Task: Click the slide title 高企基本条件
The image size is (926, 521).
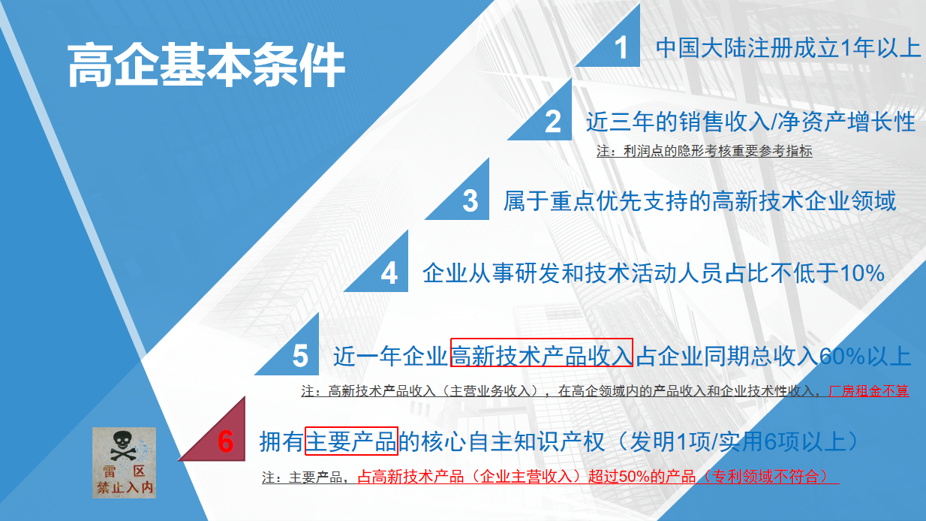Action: tap(206, 65)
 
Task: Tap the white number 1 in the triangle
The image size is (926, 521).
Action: tap(621, 48)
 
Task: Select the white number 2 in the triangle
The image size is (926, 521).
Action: tap(553, 122)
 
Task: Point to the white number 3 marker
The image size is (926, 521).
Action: tap(471, 201)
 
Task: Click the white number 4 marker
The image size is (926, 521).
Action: tap(389, 273)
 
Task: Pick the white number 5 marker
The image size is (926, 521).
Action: tap(300, 356)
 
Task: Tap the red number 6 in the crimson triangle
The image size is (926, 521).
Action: tap(226, 441)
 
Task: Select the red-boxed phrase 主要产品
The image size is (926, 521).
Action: tap(351, 441)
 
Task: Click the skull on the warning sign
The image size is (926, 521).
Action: tap(122, 445)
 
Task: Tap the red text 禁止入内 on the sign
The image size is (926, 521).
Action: tap(125, 487)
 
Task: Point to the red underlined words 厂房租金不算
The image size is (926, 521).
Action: tap(869, 390)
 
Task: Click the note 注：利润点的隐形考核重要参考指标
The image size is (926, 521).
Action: tap(705, 151)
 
